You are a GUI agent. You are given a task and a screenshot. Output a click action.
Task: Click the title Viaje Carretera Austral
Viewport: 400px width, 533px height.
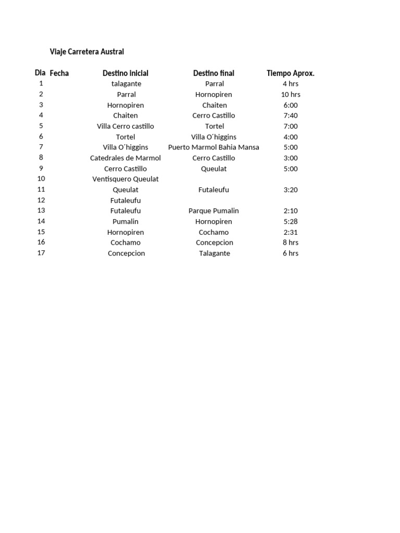(x=87, y=52)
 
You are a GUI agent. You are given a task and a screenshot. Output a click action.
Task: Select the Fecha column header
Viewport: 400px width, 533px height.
(x=59, y=73)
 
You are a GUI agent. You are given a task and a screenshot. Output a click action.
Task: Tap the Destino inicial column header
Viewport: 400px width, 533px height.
(x=126, y=73)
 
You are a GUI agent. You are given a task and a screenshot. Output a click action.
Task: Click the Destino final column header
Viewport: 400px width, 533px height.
(x=214, y=73)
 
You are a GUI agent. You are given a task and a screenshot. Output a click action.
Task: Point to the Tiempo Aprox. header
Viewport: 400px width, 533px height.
(x=291, y=73)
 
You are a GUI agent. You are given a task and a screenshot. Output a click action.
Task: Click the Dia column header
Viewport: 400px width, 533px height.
(x=40, y=73)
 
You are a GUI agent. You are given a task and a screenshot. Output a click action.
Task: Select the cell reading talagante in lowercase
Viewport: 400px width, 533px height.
(x=126, y=84)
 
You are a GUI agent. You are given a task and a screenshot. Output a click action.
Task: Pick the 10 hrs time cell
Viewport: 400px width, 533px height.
(x=291, y=94)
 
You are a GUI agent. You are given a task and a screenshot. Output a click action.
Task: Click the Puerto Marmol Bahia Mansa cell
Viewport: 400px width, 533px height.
(x=214, y=147)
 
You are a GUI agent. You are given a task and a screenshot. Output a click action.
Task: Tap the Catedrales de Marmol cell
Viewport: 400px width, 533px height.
(x=126, y=158)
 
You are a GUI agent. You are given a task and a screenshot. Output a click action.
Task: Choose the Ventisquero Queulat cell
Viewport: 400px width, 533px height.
(x=126, y=179)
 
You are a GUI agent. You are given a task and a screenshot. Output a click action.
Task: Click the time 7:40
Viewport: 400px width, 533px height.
(x=291, y=116)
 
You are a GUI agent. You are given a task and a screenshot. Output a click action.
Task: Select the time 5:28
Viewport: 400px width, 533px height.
(x=291, y=221)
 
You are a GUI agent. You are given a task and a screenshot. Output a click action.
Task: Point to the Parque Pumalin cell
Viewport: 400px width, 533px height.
(x=214, y=211)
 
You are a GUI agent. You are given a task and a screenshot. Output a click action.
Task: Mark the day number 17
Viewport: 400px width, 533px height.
(x=41, y=253)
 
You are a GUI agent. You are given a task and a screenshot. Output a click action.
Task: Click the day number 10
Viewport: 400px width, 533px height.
(x=41, y=179)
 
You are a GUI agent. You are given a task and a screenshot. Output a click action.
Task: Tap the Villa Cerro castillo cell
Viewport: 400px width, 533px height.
(x=126, y=126)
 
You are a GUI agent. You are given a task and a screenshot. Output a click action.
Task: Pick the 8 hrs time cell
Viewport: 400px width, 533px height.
(x=291, y=243)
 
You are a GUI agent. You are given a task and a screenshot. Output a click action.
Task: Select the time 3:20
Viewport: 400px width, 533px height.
(x=291, y=190)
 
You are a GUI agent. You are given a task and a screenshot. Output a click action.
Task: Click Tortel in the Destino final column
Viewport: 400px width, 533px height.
(x=215, y=126)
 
